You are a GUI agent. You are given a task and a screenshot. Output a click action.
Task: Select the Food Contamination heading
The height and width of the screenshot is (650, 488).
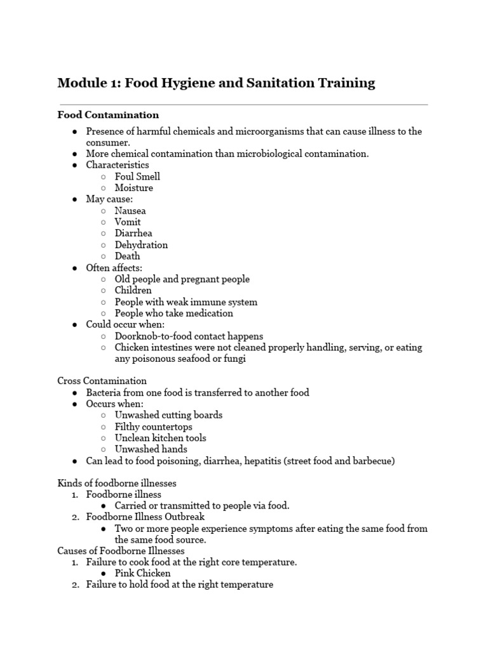[x=108, y=115]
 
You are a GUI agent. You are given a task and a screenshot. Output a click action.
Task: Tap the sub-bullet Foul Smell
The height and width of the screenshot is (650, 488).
[x=137, y=176]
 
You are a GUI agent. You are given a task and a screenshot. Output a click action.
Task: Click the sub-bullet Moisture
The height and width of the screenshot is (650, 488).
[x=133, y=188]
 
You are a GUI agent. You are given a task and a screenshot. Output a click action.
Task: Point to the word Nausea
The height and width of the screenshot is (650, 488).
[x=130, y=211]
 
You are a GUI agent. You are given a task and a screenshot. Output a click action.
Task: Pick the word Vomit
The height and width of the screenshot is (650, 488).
[x=128, y=222]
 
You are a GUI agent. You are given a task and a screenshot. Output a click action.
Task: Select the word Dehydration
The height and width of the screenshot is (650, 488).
[x=141, y=245]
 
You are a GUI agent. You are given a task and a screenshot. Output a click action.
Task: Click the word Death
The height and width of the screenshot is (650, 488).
[x=127, y=256]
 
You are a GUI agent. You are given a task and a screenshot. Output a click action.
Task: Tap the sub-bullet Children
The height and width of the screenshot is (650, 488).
[x=133, y=291]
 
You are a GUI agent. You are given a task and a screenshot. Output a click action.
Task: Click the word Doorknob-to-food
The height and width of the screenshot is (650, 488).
[x=152, y=336]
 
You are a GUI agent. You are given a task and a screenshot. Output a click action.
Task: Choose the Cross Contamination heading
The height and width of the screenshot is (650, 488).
[x=102, y=381]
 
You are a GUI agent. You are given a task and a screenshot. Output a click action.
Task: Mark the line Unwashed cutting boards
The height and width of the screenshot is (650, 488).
[x=168, y=415]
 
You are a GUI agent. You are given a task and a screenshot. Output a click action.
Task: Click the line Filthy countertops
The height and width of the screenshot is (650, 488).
[x=153, y=427]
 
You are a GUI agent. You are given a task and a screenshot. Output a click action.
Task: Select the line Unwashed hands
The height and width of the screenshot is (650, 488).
[x=151, y=449]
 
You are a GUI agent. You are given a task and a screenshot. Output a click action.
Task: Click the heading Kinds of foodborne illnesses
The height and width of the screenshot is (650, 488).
[x=117, y=483]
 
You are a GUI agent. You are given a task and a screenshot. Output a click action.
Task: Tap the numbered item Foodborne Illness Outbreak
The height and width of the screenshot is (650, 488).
[x=146, y=517]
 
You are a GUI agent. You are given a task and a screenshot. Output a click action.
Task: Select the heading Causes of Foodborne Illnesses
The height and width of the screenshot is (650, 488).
[x=121, y=550]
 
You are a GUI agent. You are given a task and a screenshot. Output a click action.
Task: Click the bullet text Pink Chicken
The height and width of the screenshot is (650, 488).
[x=142, y=573]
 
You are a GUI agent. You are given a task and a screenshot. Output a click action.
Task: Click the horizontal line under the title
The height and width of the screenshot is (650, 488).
[x=243, y=104]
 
